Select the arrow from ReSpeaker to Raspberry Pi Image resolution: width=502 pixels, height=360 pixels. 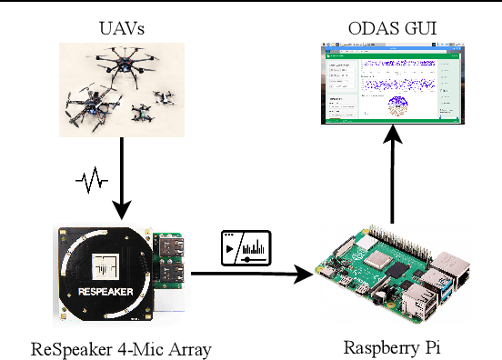(x=246, y=272)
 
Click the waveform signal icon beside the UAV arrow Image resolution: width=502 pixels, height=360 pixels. (x=91, y=181)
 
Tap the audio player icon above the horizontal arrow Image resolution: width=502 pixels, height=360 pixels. (x=246, y=247)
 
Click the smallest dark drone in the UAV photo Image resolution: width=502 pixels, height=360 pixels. (x=141, y=113)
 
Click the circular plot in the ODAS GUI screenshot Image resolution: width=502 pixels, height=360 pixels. (x=397, y=105)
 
